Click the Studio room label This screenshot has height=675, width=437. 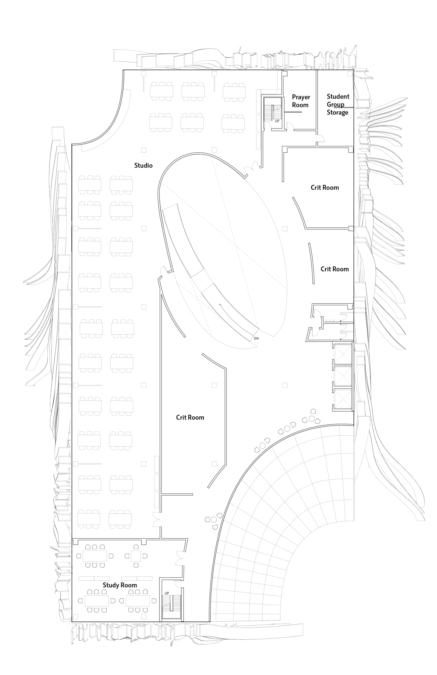click(x=143, y=165)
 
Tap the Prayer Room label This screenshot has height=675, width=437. click(x=301, y=101)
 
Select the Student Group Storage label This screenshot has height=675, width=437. click(x=338, y=105)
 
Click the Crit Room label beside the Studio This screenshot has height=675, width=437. click(x=190, y=417)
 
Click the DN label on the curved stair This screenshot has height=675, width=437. click(x=256, y=339)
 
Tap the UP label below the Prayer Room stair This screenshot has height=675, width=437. click(x=277, y=121)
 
